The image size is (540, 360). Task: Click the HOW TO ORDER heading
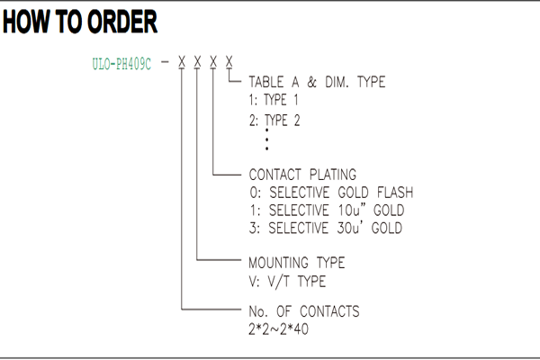pyautogui.click(x=80, y=22)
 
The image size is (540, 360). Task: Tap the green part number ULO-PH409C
pyautogui.click(x=121, y=64)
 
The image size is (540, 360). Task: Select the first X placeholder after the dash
pyautogui.click(x=182, y=62)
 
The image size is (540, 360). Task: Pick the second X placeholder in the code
pyautogui.click(x=197, y=62)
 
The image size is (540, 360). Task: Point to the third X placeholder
pyautogui.click(x=213, y=62)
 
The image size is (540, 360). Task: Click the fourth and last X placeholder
pyautogui.click(x=229, y=62)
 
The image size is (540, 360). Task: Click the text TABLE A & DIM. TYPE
pyautogui.click(x=317, y=82)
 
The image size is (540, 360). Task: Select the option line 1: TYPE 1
pyautogui.click(x=274, y=100)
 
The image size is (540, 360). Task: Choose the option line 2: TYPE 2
pyautogui.click(x=274, y=121)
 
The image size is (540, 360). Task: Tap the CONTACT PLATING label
pyautogui.click(x=302, y=175)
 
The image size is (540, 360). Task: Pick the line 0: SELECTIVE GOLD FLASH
pyautogui.click(x=331, y=193)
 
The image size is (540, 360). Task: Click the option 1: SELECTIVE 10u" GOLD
pyautogui.click(x=327, y=210)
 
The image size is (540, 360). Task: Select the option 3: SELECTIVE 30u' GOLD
pyautogui.click(x=326, y=228)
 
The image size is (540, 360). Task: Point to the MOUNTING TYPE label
pyautogui.click(x=296, y=263)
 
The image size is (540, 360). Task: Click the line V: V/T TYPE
pyautogui.click(x=287, y=282)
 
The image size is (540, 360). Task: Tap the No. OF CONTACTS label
pyautogui.click(x=304, y=311)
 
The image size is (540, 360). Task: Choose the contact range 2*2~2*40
pyautogui.click(x=279, y=329)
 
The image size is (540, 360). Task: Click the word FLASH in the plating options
pyautogui.click(x=395, y=193)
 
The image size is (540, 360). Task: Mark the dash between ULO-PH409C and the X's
pyautogui.click(x=165, y=62)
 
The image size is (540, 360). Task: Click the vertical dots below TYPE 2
pyautogui.click(x=267, y=139)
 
